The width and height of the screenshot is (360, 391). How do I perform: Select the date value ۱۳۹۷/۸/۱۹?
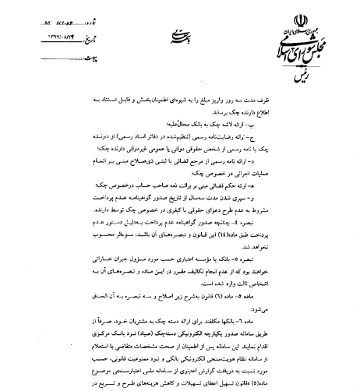pyautogui.click(x=62, y=26)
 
